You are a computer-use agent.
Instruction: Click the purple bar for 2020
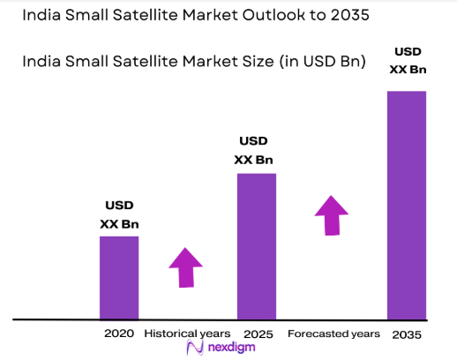pos(118,277)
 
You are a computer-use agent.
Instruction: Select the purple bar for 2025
pos(256,245)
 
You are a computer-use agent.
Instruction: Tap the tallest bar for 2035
pos(406,205)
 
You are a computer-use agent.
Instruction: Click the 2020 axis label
pos(118,334)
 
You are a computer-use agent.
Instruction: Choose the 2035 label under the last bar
pos(406,334)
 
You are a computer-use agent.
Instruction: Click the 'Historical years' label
pos(187,334)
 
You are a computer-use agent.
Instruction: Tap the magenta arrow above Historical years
pos(185,266)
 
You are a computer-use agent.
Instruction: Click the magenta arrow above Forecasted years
pos(332,215)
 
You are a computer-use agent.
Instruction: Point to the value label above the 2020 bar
pos(118,214)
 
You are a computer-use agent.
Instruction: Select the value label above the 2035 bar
pos(408,61)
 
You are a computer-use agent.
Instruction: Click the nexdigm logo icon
pos(196,349)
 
